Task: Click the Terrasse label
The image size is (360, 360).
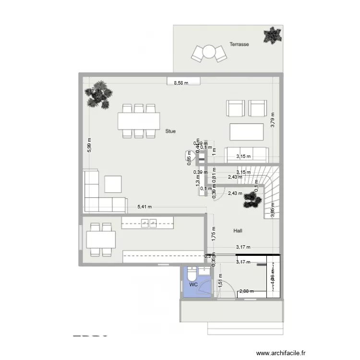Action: tap(239, 44)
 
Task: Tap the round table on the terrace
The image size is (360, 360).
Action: tap(209, 51)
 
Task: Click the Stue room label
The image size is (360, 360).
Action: tap(170, 131)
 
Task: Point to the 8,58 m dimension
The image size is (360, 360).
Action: tap(180, 83)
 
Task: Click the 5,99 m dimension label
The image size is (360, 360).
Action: tap(89, 144)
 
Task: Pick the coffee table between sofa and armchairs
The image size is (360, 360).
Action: tap(247, 131)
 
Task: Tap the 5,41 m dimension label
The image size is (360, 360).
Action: tap(144, 207)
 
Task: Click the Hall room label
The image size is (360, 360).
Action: tap(238, 231)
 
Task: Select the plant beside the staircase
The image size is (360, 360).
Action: tap(252, 199)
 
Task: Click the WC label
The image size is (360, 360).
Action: tap(193, 285)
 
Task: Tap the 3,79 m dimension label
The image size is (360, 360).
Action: tap(272, 119)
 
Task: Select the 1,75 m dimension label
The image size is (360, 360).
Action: tap(213, 233)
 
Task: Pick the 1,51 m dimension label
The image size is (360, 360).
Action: tap(220, 280)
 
